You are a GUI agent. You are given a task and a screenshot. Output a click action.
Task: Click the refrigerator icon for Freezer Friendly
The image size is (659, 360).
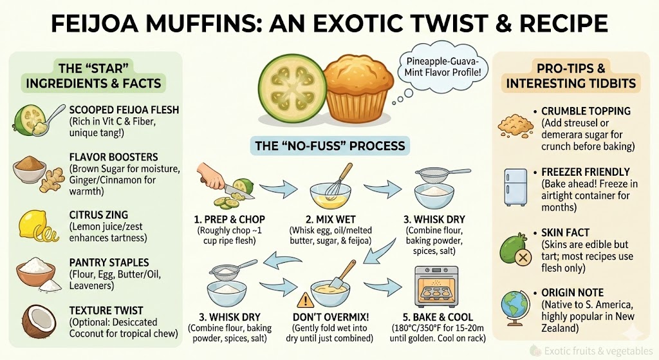pos(517,187)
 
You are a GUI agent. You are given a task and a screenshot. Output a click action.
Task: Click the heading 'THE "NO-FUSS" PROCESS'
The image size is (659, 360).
pos(330,146)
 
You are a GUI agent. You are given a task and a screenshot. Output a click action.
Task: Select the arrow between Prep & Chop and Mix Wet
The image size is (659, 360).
pos(278,189)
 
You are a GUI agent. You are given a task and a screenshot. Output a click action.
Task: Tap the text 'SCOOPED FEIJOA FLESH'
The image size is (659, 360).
pos(124,109)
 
